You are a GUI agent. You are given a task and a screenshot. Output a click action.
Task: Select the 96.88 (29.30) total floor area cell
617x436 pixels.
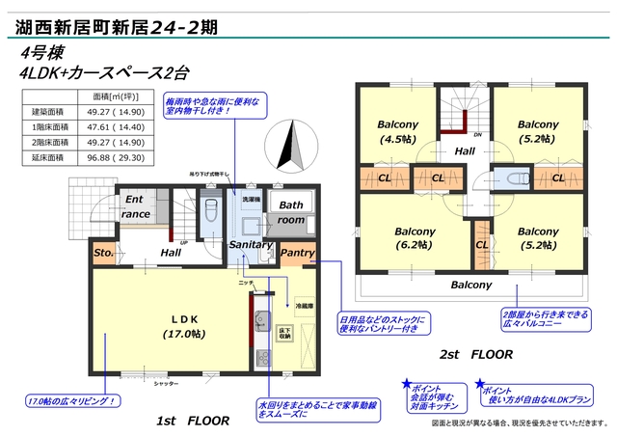pos(118,158)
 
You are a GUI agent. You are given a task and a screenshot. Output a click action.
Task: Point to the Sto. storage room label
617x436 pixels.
pos(104,254)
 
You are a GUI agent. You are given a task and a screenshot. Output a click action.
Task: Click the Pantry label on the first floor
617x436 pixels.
pos(297,253)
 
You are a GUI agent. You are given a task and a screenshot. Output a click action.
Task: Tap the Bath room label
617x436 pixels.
pos(291,212)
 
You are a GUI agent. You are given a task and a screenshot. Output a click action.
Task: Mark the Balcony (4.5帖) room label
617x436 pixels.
pos(397,131)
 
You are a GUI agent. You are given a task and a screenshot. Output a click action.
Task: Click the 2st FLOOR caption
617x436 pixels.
pos(476,355)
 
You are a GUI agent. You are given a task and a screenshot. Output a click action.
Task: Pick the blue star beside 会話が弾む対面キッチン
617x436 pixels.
pos(408,383)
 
